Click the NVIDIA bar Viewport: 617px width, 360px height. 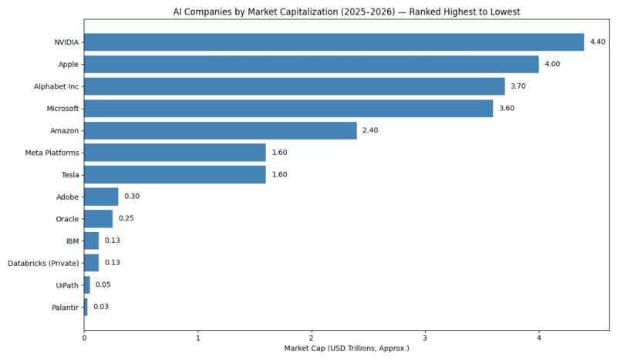(x=333, y=42)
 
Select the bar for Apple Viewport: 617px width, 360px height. (x=311, y=64)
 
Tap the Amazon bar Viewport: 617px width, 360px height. (x=220, y=130)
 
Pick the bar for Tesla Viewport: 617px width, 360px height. (x=174, y=174)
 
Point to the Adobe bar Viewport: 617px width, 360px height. (x=101, y=197)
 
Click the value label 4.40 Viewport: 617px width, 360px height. (x=597, y=42)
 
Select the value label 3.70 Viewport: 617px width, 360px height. (x=518, y=86)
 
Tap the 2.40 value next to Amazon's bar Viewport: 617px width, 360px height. (x=369, y=130)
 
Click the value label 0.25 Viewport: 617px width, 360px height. (x=126, y=219)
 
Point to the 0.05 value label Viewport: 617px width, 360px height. (x=103, y=285)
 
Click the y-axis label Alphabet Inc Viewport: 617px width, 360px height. (x=56, y=86)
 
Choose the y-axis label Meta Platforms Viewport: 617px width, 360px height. (x=52, y=153)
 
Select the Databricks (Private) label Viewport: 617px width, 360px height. (x=43, y=263)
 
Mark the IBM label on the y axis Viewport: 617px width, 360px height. (x=72, y=241)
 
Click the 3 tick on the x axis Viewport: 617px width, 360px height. (x=425, y=338)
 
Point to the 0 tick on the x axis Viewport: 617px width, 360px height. (x=84, y=338)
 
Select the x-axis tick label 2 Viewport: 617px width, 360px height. (x=312, y=338)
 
